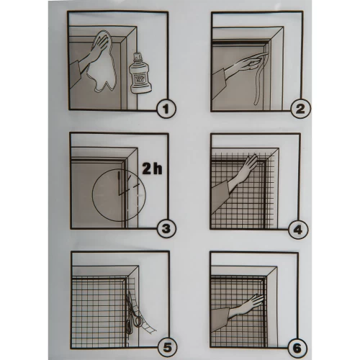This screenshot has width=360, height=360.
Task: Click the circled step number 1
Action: [166, 109]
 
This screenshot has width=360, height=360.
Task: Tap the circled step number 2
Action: [300, 109]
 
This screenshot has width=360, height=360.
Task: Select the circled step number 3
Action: [166, 229]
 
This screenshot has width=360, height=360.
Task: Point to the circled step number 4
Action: [298, 230]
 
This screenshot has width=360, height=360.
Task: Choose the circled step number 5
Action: [167, 348]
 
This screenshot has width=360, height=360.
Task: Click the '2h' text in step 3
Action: [152, 168]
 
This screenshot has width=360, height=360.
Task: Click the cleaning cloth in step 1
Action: [103, 62]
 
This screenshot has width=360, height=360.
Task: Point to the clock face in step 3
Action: [119, 195]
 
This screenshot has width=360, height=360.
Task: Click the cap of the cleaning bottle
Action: [138, 55]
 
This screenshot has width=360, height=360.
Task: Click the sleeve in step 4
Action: [220, 196]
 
